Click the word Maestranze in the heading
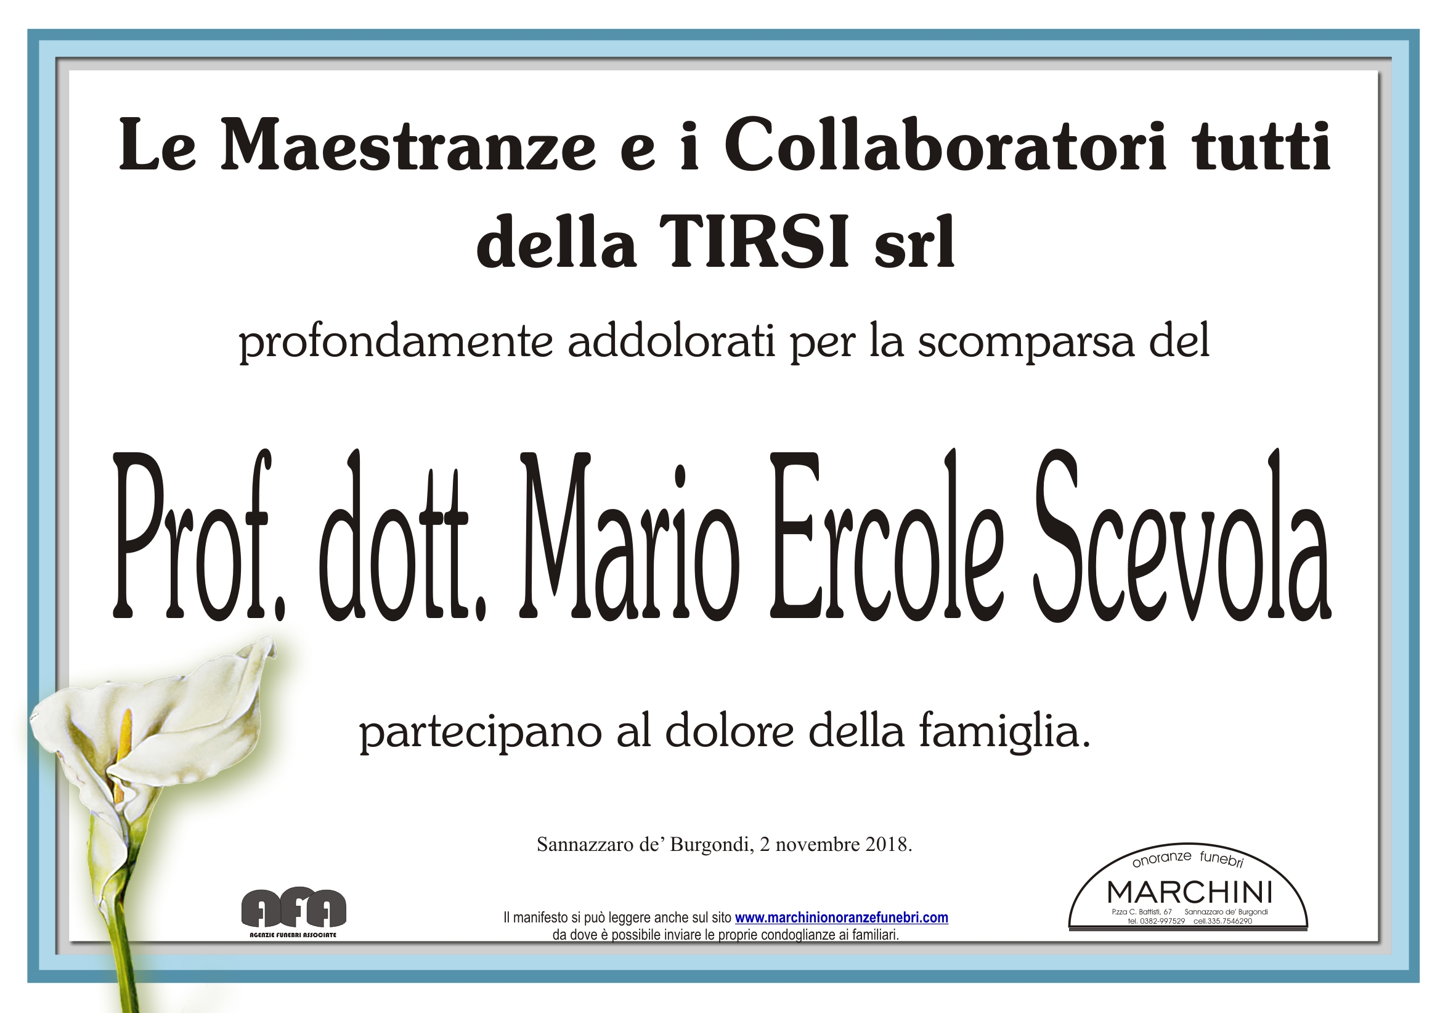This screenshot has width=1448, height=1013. [x=408, y=145]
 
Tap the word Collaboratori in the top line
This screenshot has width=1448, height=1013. [x=945, y=145]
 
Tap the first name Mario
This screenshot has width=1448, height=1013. [x=628, y=536]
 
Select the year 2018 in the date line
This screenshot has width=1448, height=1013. [x=889, y=844]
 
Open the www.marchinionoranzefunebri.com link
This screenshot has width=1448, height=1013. [x=841, y=917]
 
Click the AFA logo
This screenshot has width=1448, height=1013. [x=294, y=913]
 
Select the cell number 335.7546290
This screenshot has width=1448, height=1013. [x=1230, y=922]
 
